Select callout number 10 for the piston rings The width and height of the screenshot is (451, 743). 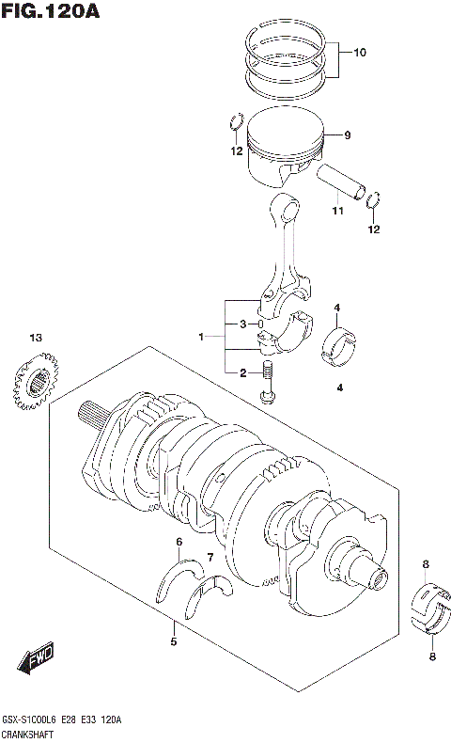point(360,53)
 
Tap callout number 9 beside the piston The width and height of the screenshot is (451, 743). point(347,135)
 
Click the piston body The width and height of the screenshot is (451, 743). point(282,150)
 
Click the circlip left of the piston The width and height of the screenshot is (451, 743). point(237,122)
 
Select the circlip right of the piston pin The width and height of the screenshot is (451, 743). point(374,198)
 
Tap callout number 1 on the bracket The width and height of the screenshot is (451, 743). point(200,337)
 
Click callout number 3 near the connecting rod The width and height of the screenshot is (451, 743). point(242,324)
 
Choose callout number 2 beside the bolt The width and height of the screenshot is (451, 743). point(242,373)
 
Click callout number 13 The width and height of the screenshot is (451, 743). point(36,338)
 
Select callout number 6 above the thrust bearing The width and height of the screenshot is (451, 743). point(179,542)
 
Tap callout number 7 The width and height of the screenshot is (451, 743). point(210,558)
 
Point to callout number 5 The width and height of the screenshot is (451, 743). point(173,642)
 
